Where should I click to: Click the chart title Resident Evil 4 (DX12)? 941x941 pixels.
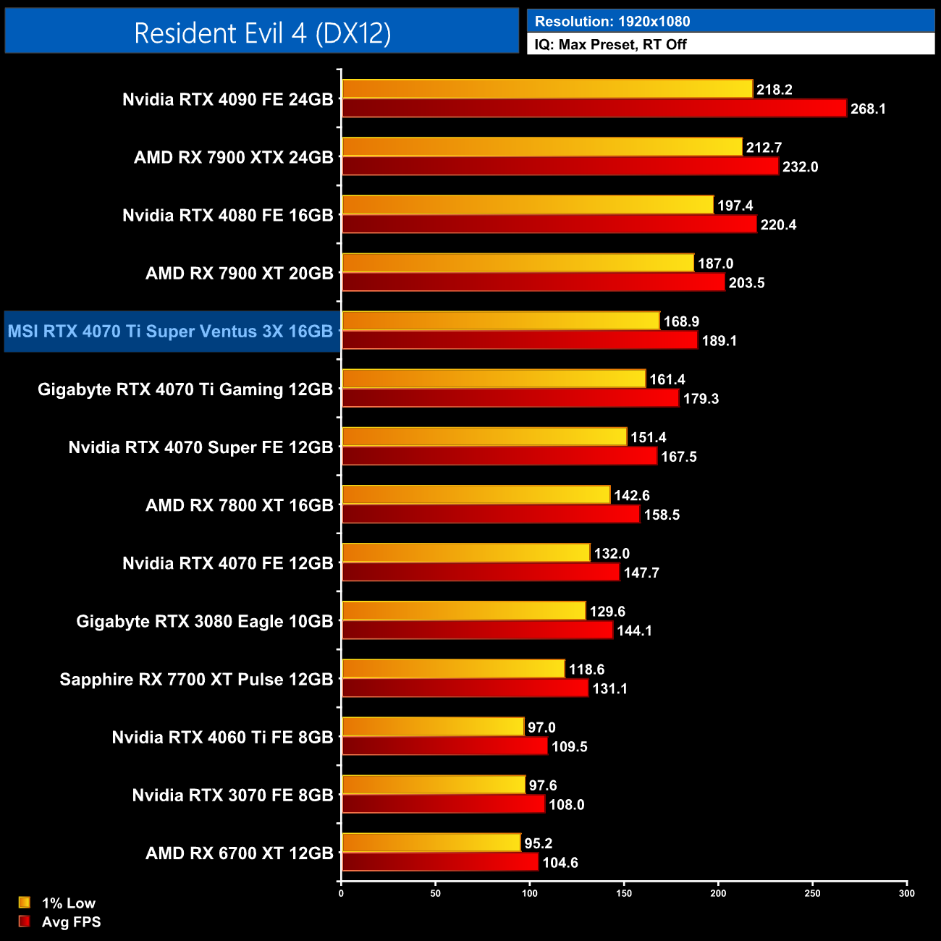262,33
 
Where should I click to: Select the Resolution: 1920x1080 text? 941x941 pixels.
612,22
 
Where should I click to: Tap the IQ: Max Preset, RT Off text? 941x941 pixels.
610,44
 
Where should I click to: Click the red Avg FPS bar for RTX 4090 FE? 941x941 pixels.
594,109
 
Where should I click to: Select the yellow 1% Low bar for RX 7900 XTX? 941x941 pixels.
541,147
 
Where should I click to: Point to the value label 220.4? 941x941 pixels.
778,225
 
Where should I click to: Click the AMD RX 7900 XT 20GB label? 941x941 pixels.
239,274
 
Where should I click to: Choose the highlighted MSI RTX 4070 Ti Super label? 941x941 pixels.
170,332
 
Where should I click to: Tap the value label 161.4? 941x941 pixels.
667,380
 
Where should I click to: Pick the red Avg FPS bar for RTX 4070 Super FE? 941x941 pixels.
499,456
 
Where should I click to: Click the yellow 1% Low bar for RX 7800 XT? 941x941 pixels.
476,495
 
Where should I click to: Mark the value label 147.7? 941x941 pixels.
641,573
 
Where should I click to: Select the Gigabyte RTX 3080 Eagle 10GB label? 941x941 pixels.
204,622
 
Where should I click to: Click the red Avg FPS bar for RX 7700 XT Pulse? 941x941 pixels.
465,688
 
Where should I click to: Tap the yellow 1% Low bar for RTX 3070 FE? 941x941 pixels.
434,785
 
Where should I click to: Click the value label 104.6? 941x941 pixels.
560,863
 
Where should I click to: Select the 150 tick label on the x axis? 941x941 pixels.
624,893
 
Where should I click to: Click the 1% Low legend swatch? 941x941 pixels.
25,903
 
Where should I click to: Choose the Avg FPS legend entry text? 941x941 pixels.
71,922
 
